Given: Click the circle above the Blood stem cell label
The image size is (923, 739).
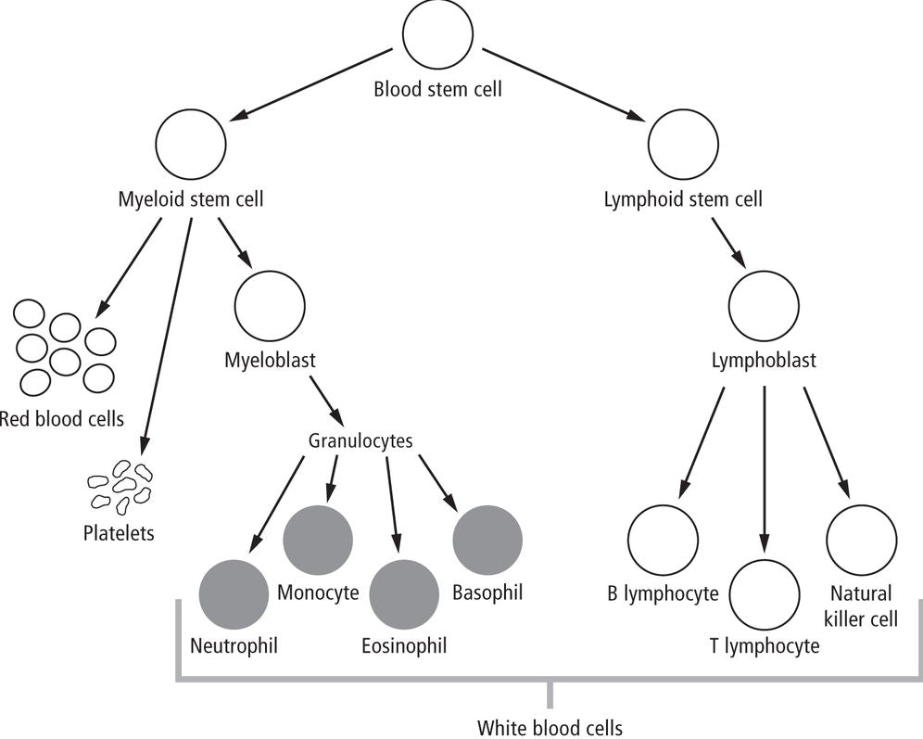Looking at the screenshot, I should (438, 39).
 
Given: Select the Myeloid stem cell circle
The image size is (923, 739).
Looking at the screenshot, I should (191, 145).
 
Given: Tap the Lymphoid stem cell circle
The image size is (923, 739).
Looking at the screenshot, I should (683, 145).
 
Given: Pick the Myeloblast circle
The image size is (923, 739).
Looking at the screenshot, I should (270, 306).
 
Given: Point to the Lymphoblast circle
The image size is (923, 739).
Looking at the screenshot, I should (764, 308).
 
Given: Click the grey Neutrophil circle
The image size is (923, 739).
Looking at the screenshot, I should (234, 595).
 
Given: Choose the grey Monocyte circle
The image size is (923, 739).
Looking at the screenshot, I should (318, 541).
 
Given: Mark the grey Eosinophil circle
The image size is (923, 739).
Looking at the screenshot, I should (404, 595).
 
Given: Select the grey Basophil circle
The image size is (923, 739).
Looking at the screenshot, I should (487, 541).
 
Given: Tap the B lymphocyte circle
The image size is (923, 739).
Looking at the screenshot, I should (663, 541).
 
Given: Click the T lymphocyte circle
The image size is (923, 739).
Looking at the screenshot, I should (765, 595).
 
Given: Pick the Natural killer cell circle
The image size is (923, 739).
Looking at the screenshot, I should (861, 541).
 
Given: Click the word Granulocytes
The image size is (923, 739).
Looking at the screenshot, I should (360, 441).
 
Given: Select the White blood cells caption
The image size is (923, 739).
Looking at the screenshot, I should (550, 727).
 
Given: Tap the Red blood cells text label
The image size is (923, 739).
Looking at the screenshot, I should (61, 418).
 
